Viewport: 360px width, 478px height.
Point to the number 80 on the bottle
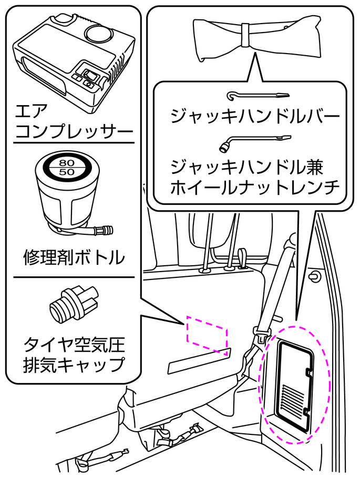coord(67,162)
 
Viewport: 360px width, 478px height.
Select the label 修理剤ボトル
coord(74,258)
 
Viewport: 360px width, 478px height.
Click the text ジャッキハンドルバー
coord(252,116)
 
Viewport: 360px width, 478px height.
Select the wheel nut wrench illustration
coord(255,142)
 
